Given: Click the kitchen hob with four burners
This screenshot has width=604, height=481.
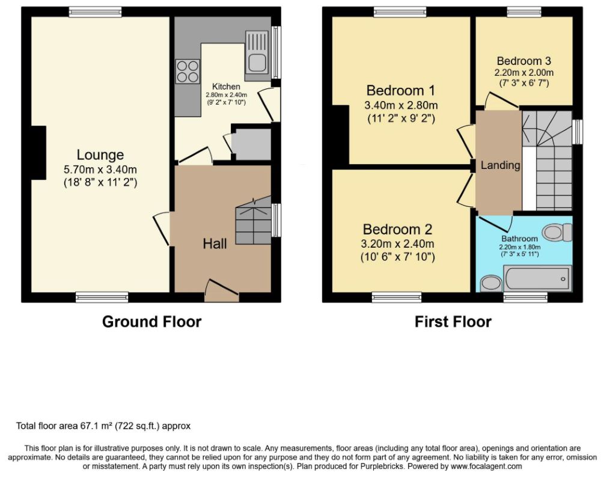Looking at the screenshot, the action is point(188,72).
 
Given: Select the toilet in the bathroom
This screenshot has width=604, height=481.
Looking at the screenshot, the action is point(557,233).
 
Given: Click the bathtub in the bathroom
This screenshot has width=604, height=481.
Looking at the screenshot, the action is point(538,278).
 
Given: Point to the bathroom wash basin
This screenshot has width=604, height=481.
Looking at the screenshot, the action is point(490,284).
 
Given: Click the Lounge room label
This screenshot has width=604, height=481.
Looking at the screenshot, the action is point(100,155).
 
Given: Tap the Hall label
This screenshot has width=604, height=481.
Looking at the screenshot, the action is point(215,244).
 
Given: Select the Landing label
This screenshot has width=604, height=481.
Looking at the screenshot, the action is point(501,165).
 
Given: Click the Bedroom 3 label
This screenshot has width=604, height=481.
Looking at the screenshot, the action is point(524,61).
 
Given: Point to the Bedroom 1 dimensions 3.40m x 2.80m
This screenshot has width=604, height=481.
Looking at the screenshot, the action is point(401,105).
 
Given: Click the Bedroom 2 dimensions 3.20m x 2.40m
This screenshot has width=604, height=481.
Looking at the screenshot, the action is point(397,244).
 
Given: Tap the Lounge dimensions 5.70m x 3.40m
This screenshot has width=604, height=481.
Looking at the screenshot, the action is point(100,169).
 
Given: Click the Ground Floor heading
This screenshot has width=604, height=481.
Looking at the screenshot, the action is point(152,322).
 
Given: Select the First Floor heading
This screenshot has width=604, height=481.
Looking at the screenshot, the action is point(453,322).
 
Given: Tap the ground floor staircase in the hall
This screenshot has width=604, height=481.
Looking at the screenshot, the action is point(254,220).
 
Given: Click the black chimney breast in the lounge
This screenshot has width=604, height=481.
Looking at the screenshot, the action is point(38,153).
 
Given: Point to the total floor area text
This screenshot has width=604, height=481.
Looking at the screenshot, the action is point(103,426).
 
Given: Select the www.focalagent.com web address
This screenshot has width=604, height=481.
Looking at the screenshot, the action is point(487,467).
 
